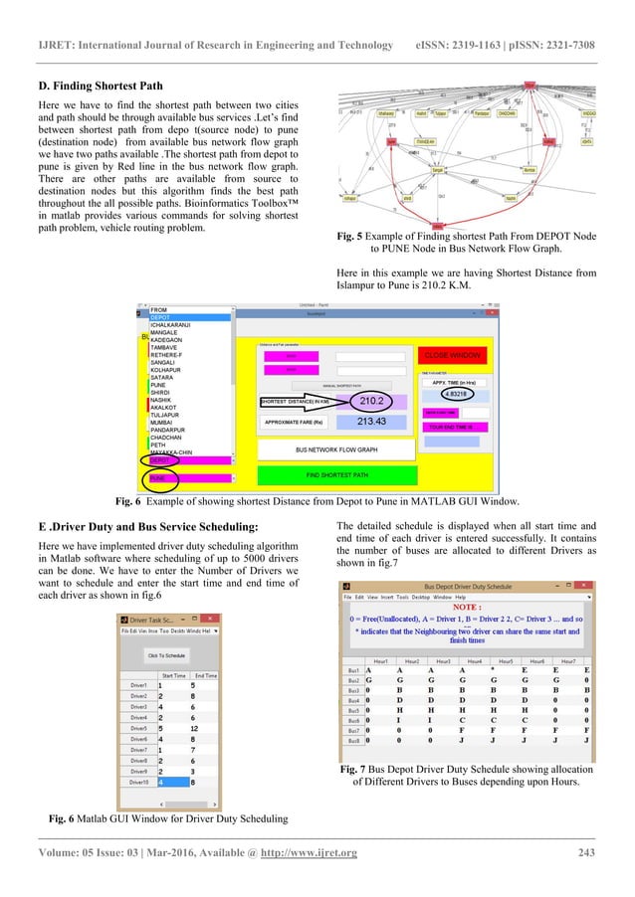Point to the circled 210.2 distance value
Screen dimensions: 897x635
(x=371, y=401)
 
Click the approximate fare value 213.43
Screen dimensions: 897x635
(x=371, y=422)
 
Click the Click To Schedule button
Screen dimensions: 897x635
(x=167, y=655)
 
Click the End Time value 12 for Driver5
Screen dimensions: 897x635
(x=202, y=727)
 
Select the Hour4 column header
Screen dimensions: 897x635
(x=476, y=659)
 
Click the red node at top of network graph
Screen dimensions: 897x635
(x=529, y=85)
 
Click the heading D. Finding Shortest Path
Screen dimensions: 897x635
(x=92, y=86)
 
